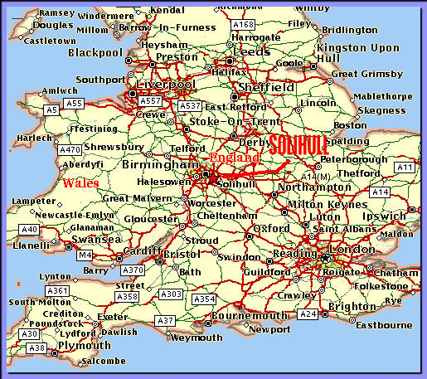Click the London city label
(x=352, y=250)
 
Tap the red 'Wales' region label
(x=80, y=182)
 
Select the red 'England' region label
(x=235, y=157)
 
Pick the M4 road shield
(x=85, y=255)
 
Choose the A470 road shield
(x=71, y=150)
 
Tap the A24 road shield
(x=308, y=314)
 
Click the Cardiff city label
(x=142, y=250)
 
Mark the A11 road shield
(x=404, y=168)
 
